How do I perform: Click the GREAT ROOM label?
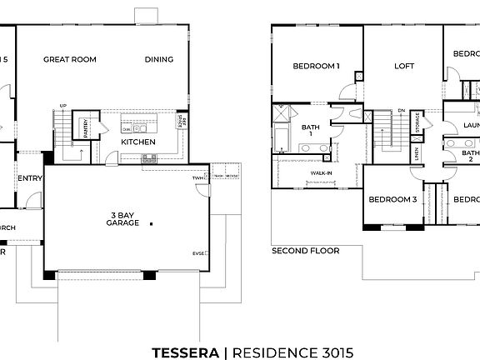coord(70,59)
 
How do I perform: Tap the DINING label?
coord(159,59)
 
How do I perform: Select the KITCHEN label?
coord(137,142)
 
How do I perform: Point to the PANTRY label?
coord(85,127)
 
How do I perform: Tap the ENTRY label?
coord(30,177)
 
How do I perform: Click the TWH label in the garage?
coord(199,177)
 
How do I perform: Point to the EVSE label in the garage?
coord(199,252)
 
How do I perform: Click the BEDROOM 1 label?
coord(316,66)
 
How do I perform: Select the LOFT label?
coord(403,66)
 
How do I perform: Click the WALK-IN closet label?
coord(322,173)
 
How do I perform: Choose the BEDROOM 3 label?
coord(392,199)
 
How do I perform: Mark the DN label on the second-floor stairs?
coord(401,110)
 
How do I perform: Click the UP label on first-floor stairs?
coord(63,106)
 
